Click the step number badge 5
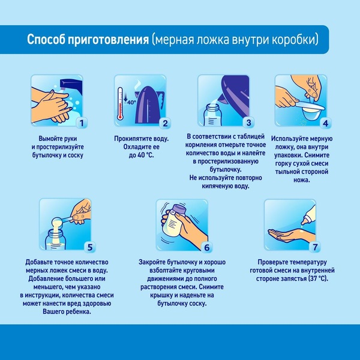point(89,247)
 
